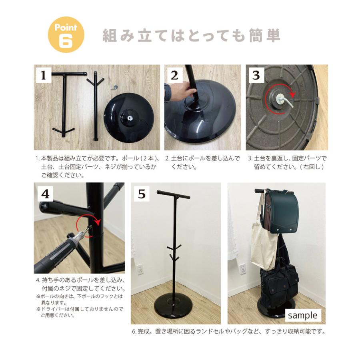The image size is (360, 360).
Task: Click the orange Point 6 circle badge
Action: (66, 35)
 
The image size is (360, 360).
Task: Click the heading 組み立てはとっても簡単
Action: (191, 36)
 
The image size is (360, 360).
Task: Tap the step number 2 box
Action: (174, 75)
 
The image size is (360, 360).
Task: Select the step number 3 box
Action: (256, 75)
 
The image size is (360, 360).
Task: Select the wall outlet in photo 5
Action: (140, 270)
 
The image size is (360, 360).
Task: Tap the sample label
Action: (302, 315)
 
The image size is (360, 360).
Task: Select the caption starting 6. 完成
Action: (228, 332)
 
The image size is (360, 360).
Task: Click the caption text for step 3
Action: (287, 162)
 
